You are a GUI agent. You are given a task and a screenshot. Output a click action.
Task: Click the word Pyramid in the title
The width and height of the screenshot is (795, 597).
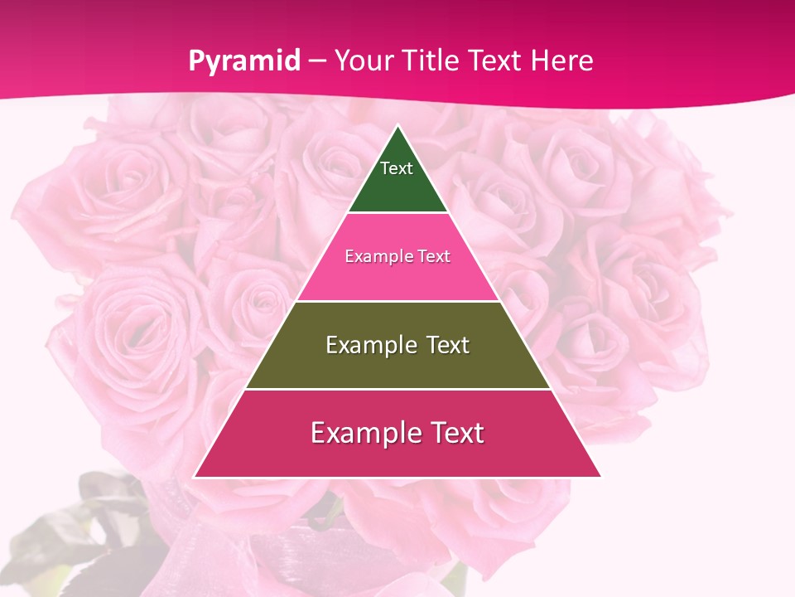click(243, 61)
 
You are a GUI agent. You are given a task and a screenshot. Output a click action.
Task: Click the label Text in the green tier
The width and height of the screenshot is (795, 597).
click(397, 168)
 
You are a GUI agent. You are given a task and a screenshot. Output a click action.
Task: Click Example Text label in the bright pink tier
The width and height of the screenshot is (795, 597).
click(397, 256)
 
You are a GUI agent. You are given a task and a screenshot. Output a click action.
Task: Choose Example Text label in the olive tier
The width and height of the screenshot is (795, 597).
click(397, 345)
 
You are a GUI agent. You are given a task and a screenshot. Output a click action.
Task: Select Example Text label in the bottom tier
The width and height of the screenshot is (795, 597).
click(397, 433)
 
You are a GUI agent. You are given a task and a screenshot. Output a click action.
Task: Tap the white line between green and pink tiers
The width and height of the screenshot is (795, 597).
click(397, 213)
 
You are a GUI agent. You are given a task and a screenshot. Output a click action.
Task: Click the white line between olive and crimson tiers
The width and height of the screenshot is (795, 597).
click(397, 389)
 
